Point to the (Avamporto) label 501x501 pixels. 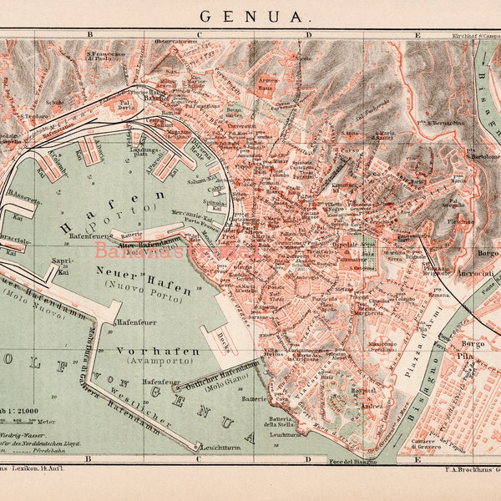[x=164, y=362]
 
